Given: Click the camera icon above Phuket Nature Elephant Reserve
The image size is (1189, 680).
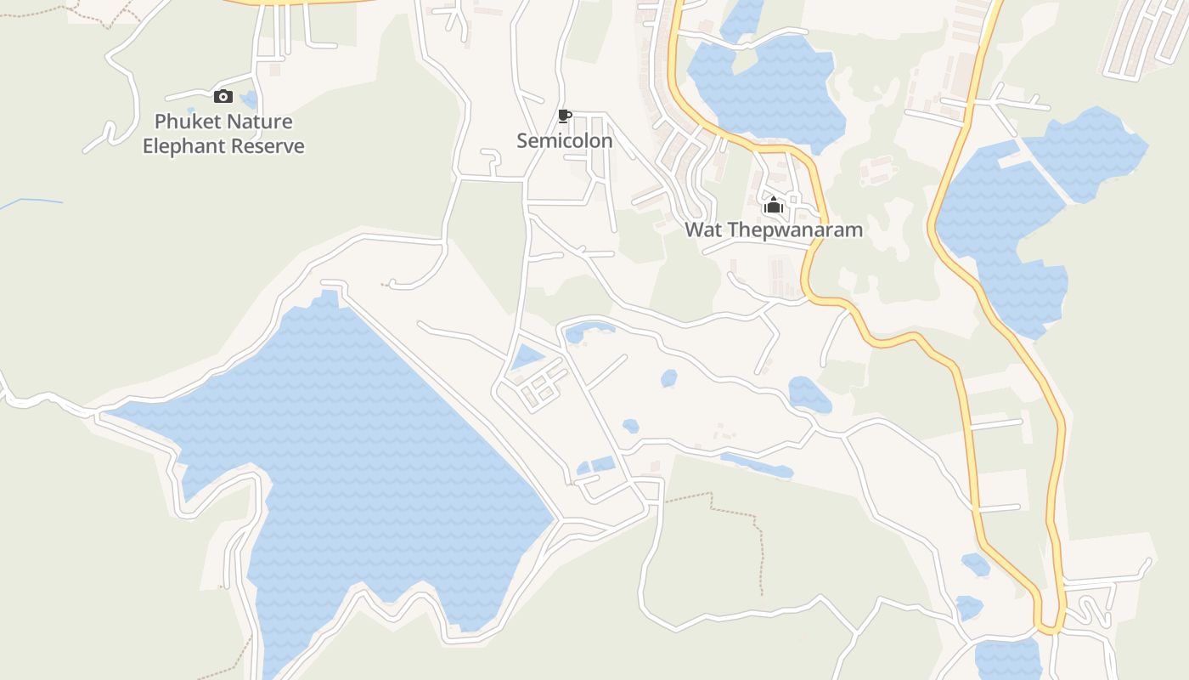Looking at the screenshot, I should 223,96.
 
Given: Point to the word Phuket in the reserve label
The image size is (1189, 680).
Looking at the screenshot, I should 184,122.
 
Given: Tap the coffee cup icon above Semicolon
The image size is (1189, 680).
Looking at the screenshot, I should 565,116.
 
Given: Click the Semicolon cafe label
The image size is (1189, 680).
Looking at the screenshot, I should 564,141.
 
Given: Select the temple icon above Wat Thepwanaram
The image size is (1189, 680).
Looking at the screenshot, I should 773,206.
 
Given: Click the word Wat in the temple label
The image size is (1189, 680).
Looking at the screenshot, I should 703,230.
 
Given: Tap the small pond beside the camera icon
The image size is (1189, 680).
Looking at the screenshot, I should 250,99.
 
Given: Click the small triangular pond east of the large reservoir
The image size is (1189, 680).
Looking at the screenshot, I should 527,357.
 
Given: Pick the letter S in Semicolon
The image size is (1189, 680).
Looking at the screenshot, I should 523,141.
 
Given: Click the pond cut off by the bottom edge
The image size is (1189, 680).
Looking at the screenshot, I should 1008,660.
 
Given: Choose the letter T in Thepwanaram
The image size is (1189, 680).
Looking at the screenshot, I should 733,230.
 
